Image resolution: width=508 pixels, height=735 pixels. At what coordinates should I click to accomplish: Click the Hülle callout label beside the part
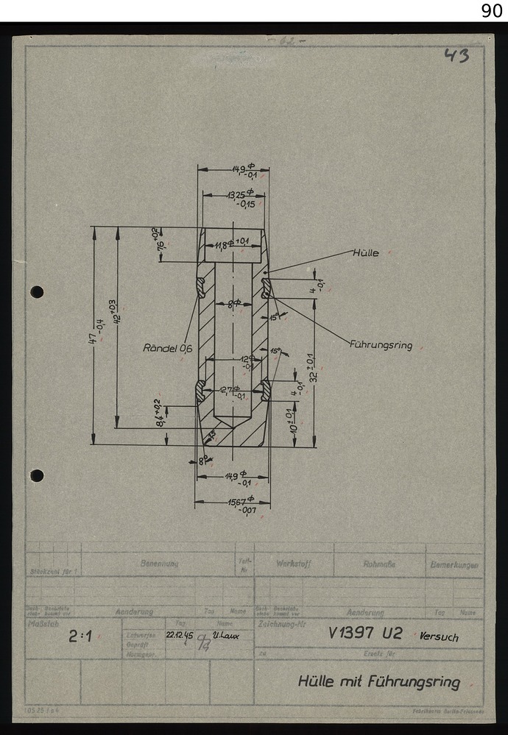366,253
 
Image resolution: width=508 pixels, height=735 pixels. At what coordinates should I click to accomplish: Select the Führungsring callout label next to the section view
381,344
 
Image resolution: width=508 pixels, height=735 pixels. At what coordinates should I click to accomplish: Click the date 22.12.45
181,633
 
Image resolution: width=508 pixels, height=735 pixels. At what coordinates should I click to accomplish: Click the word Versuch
439,636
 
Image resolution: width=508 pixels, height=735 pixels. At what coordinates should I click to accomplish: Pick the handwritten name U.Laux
225,633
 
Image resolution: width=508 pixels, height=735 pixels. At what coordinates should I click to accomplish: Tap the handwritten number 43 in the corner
456,55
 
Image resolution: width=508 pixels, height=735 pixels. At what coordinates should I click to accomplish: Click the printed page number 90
492,10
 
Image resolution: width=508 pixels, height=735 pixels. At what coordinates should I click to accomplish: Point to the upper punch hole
37,292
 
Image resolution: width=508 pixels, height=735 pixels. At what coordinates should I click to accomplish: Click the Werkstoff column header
293,564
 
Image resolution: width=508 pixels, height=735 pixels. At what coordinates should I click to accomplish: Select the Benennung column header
159,564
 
